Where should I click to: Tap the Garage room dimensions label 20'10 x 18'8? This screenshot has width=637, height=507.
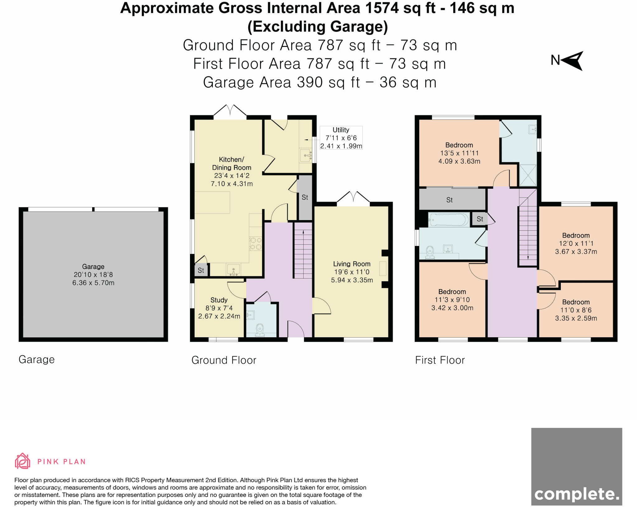click(x=93, y=275)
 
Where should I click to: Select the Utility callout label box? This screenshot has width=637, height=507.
click(x=341, y=138)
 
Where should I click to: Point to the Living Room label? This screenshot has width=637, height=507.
click(x=352, y=264)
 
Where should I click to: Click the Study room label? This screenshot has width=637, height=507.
click(x=219, y=300)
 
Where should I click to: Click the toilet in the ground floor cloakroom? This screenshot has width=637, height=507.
click(x=259, y=330)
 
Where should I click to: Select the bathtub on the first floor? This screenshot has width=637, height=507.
click(x=449, y=220)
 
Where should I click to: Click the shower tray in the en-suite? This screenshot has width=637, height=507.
click(x=528, y=175)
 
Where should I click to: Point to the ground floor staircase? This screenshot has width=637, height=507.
click(x=303, y=254)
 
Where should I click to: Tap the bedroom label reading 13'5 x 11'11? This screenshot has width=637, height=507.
click(x=459, y=153)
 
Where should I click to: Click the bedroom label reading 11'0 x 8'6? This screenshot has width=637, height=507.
click(x=576, y=310)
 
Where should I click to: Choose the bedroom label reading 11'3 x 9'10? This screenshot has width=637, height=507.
click(x=452, y=300)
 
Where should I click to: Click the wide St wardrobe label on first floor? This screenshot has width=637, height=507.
click(x=449, y=200)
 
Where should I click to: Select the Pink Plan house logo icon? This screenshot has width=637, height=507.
click(x=22, y=461)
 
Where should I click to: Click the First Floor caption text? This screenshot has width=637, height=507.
click(x=440, y=360)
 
